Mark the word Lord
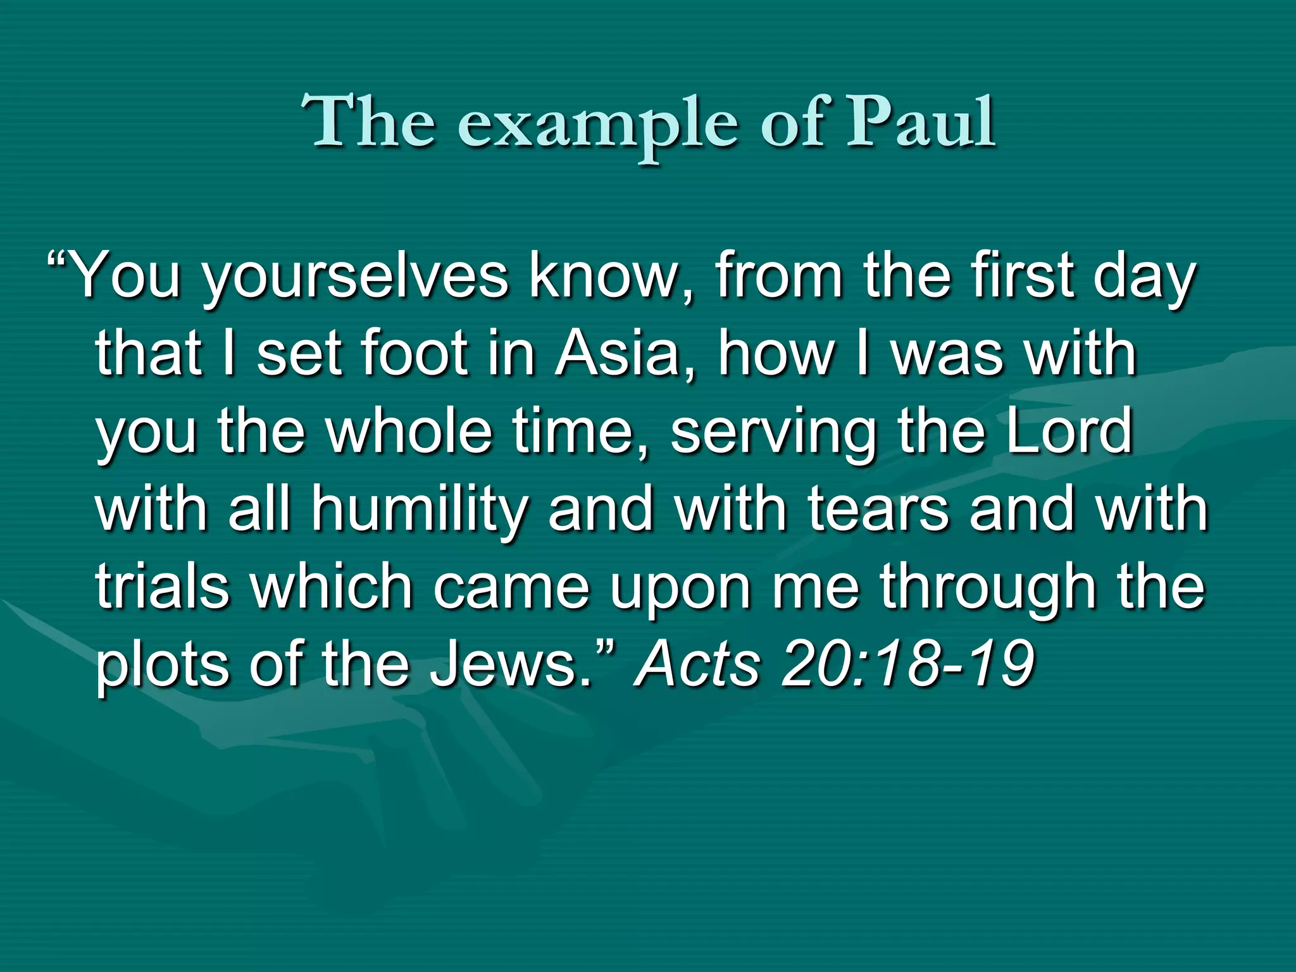point(1069,431)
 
